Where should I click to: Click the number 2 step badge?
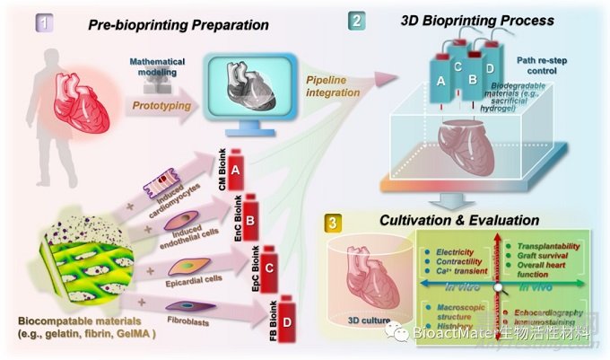point(356,19)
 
